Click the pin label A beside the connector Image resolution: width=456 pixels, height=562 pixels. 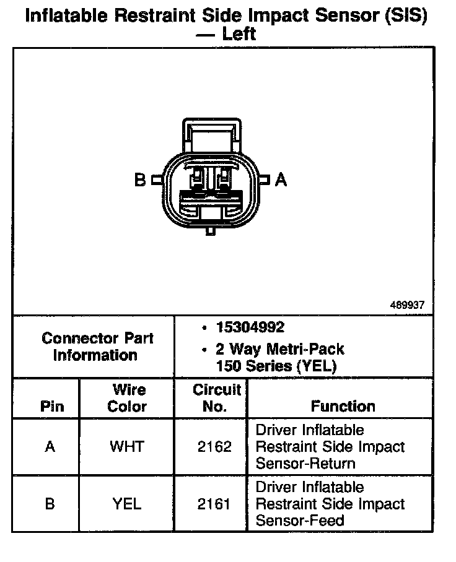(x=281, y=179)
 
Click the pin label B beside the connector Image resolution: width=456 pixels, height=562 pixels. (x=140, y=180)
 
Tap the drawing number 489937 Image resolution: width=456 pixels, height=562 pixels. (x=407, y=305)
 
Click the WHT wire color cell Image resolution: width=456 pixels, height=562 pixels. (x=126, y=446)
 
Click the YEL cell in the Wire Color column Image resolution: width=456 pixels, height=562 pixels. (x=126, y=504)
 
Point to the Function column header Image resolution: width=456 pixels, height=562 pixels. (x=343, y=406)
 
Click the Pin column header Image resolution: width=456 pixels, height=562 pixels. (x=51, y=407)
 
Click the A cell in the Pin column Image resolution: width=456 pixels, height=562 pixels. (x=50, y=446)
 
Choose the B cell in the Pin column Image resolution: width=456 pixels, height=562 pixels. (x=50, y=504)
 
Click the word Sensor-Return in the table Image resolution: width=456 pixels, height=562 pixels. (x=305, y=463)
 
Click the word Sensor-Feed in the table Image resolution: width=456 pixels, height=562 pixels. (x=300, y=521)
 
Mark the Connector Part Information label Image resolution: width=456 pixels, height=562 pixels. (x=97, y=347)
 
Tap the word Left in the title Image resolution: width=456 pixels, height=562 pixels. (x=239, y=33)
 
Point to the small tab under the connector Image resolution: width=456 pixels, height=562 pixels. (x=211, y=231)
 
